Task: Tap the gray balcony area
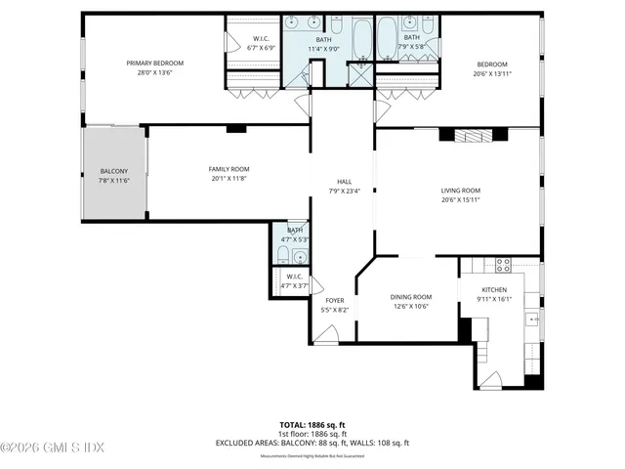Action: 113,174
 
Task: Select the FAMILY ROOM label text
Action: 229,169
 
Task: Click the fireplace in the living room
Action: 475,135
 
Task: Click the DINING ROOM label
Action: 411,297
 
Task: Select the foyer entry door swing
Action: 325,335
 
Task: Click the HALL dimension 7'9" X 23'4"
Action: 344,192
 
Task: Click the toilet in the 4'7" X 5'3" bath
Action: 280,256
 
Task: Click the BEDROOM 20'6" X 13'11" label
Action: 491,68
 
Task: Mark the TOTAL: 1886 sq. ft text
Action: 312,424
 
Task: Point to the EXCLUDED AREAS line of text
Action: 312,443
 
